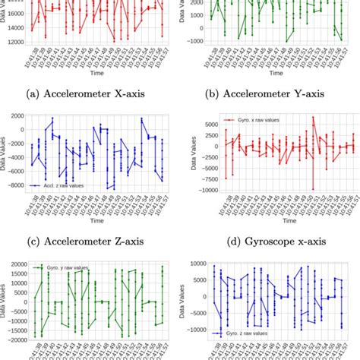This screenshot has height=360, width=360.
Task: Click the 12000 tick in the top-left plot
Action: point(15,44)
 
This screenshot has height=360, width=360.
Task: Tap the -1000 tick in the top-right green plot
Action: point(194,39)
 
